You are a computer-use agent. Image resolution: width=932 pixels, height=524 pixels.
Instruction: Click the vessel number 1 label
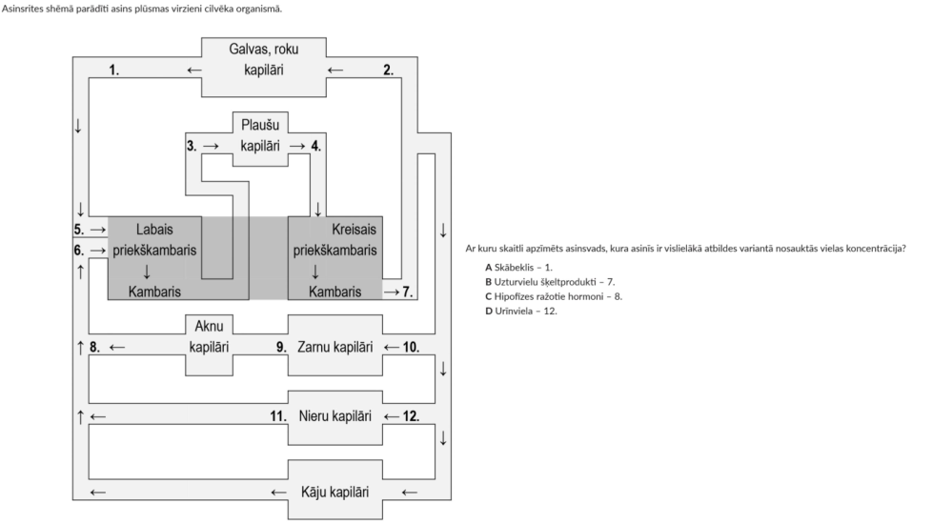click(114, 71)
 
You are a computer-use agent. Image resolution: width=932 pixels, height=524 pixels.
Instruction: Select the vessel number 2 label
click(388, 71)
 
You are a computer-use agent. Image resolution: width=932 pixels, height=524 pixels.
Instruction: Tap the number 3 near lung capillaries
click(192, 147)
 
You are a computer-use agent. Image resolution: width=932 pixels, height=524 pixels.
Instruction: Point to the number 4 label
click(316, 147)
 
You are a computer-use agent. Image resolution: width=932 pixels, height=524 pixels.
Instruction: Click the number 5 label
click(78, 230)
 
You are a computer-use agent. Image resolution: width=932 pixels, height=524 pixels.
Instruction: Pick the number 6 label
click(78, 251)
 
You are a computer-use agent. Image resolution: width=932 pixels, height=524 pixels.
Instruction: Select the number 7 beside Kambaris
click(407, 292)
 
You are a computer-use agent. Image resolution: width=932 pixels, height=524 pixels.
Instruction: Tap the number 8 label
click(94, 348)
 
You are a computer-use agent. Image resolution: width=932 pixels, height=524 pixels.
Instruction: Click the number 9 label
click(282, 348)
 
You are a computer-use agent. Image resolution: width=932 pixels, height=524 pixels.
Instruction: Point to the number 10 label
click(411, 348)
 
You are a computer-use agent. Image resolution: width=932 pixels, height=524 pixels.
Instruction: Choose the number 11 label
click(278, 416)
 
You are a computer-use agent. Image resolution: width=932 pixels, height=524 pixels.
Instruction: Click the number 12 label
click(411, 416)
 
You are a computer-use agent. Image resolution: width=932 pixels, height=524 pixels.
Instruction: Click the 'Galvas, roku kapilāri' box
click(263, 59)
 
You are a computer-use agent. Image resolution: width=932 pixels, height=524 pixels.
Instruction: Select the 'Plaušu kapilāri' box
click(260, 135)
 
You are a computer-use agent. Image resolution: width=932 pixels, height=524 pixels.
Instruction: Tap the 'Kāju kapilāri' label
click(334, 493)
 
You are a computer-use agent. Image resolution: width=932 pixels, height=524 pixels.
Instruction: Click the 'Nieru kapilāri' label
click(334, 416)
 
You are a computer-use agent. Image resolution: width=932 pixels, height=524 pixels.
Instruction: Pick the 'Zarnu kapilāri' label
click(334, 348)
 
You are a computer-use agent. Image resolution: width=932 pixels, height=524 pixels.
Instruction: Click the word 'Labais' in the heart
click(154, 230)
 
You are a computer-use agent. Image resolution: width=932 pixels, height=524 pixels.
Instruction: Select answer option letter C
click(488, 296)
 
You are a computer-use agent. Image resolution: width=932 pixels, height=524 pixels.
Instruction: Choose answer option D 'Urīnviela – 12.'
click(520, 311)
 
